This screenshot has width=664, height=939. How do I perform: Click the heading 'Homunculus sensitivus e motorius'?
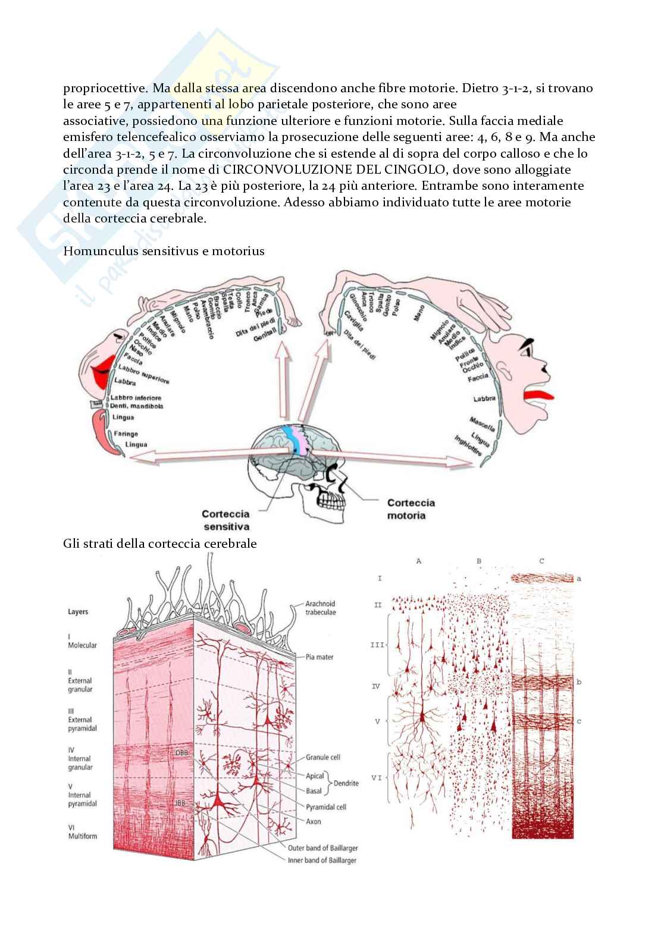[164, 251]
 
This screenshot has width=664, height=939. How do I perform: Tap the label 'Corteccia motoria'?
[411, 509]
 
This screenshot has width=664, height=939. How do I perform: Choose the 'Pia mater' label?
[320, 657]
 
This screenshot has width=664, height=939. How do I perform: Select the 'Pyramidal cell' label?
[325, 807]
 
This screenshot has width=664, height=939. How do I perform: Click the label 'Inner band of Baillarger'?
[322, 861]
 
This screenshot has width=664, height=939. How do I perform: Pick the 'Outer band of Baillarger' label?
[322, 848]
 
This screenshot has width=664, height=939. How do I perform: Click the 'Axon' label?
[313, 821]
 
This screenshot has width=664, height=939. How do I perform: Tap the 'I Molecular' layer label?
[82, 640]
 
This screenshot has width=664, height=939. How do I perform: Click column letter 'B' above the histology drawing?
[479, 561]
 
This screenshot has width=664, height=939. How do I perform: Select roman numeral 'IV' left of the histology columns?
[376, 686]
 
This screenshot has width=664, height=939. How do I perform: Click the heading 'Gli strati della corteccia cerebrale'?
[160, 544]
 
